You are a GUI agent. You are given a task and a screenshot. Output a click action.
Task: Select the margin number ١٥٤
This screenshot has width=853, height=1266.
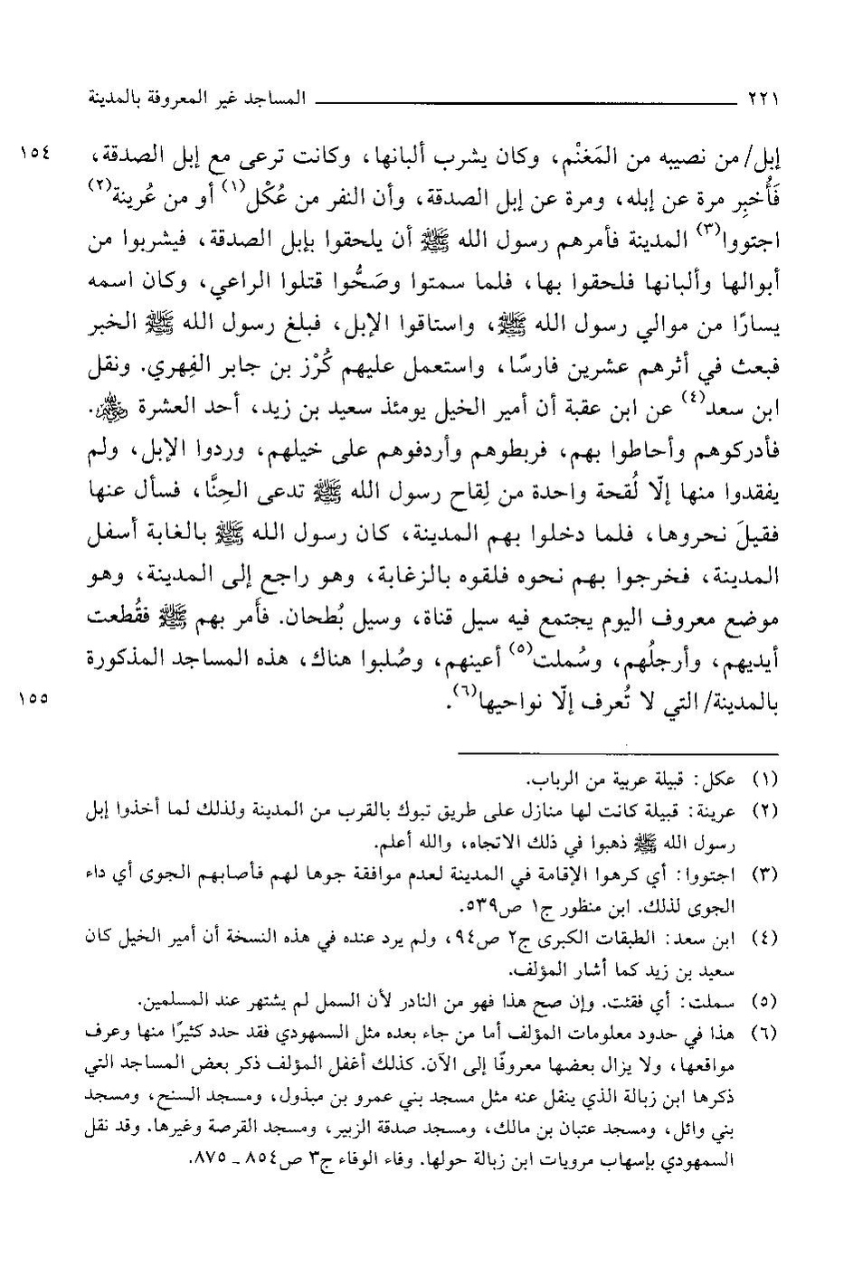click(37, 152)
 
